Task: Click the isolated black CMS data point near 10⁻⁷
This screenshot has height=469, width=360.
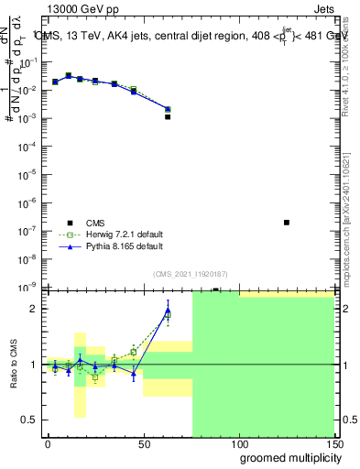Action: (x=287, y=223)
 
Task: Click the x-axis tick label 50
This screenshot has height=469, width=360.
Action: (x=143, y=443)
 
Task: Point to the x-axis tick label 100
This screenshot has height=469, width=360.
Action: (x=238, y=443)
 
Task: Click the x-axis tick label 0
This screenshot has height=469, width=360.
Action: (x=48, y=443)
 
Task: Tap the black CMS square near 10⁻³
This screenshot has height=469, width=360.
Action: (x=168, y=117)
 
